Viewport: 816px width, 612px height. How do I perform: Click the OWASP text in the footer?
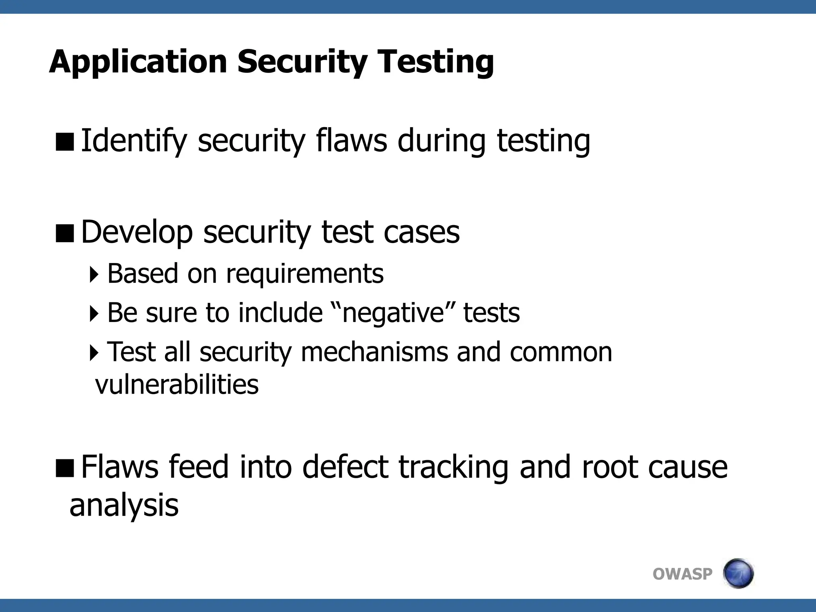click(682, 574)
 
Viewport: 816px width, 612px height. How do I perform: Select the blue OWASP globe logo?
click(738, 573)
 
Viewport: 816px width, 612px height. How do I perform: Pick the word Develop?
click(137, 232)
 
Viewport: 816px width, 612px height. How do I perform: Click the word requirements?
click(305, 274)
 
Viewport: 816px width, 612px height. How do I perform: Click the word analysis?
click(124, 505)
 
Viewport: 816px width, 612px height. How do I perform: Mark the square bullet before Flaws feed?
click(65, 468)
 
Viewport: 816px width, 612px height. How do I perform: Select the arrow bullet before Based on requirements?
click(94, 275)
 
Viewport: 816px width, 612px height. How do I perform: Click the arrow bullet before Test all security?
click(94, 353)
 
